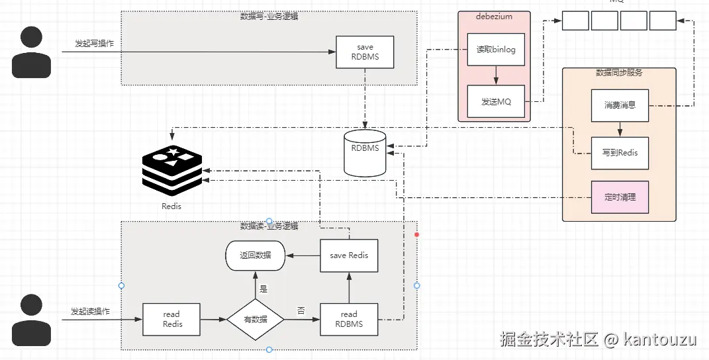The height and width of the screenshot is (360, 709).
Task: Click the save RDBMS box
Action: tap(365, 52)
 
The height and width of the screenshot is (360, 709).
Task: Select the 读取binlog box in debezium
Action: tap(496, 50)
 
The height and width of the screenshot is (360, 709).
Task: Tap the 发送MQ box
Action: tap(496, 101)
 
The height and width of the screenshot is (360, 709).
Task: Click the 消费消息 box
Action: tap(620, 105)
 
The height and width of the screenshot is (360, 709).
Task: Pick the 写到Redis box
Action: tap(620, 152)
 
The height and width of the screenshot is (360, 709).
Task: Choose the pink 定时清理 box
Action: tap(620, 197)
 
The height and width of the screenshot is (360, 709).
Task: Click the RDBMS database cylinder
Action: tap(365, 153)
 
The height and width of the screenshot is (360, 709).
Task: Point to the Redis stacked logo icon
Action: tap(171, 169)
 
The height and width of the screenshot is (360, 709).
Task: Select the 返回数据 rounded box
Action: tap(255, 255)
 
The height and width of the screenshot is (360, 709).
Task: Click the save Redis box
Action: tap(349, 255)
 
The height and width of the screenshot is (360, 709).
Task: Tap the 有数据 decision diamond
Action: tap(255, 319)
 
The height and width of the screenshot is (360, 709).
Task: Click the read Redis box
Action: tap(171, 319)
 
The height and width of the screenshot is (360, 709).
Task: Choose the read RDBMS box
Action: tap(349, 319)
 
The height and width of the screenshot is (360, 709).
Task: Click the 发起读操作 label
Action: tap(91, 311)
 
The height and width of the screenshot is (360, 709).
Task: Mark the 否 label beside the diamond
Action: tap(301, 310)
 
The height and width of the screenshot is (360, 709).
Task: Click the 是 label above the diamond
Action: tap(263, 289)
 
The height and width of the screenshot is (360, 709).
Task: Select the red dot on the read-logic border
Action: tap(417, 235)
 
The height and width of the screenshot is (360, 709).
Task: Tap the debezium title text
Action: tap(494, 17)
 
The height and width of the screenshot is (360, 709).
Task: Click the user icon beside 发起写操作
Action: tap(32, 52)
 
